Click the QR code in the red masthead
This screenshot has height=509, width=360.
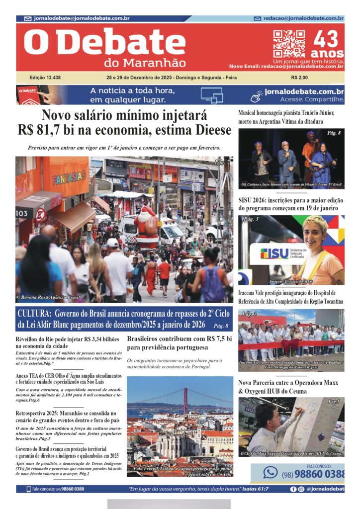[x=289, y=44]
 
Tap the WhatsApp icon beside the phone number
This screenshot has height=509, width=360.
[x=270, y=472]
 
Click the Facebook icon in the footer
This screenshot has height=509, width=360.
[x=294, y=489]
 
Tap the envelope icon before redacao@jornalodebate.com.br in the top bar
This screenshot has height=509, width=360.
[x=258, y=18]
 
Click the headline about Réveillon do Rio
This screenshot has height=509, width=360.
[x=67, y=342]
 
